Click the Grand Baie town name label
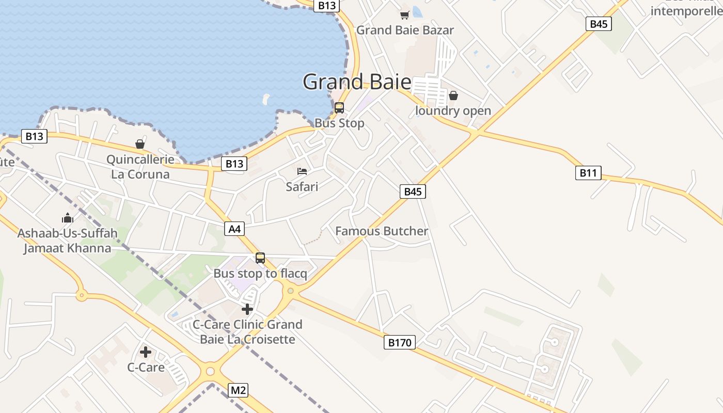pyautogui.click(x=357, y=82)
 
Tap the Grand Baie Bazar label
pyautogui.click(x=405, y=30)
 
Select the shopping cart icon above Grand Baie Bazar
pyautogui.click(x=404, y=15)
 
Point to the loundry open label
pyautogui.click(x=453, y=111)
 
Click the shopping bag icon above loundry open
pyautogui.click(x=453, y=96)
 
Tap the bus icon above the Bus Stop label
pyautogui.click(x=339, y=108)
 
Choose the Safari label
pyautogui.click(x=302, y=186)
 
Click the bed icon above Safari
pyautogui.click(x=302, y=171)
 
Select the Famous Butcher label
pyautogui.click(x=382, y=231)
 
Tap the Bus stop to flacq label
pyautogui.click(x=260, y=274)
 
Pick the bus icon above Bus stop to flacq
pyautogui.click(x=260, y=258)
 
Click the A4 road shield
pyautogui.click(x=234, y=229)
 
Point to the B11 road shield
pyautogui.click(x=588, y=173)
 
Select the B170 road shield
pyautogui.click(x=400, y=342)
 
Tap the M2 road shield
pyautogui.click(x=238, y=390)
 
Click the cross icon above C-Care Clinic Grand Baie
pyautogui.click(x=247, y=309)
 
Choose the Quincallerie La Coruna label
pyautogui.click(x=140, y=167)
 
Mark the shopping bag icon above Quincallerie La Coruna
pyautogui.click(x=139, y=144)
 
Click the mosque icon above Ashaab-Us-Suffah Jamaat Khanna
pyautogui.click(x=68, y=218)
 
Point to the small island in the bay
pyautogui.click(x=266, y=98)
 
